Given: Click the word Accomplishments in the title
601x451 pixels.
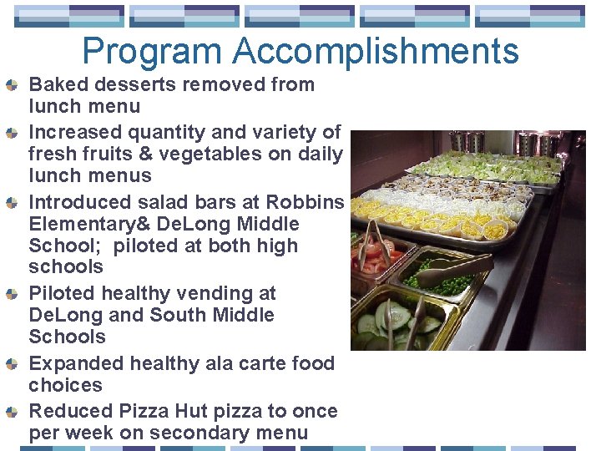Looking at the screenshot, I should coord(376,52).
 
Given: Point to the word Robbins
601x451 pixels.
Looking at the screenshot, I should coord(305,202).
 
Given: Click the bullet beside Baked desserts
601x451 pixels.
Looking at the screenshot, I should coord(12,85).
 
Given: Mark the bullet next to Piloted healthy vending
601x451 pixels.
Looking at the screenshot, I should coord(12,294).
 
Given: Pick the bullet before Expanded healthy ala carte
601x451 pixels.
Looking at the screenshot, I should coord(12,364).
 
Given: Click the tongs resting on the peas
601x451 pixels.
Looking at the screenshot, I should coord(455,270).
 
